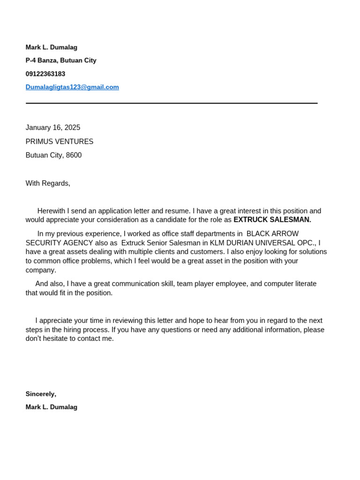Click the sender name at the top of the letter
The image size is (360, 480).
coord(52,47)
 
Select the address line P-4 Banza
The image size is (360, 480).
coord(61,60)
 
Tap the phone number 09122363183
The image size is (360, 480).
coord(45,74)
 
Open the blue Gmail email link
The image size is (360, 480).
coord(72,87)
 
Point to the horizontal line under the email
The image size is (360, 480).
coord(172,103)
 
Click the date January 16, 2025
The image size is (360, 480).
coord(53,127)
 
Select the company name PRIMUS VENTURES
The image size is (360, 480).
coord(60,142)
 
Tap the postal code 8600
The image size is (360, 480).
coord(74,155)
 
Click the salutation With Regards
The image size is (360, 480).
coord(48,183)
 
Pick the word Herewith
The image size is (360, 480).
coord(52,211)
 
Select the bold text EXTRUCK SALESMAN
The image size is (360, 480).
coord(272,220)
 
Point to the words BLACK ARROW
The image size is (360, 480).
coord(272,234)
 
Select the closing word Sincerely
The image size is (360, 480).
coord(41,394)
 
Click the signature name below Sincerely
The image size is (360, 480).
coord(52,407)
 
